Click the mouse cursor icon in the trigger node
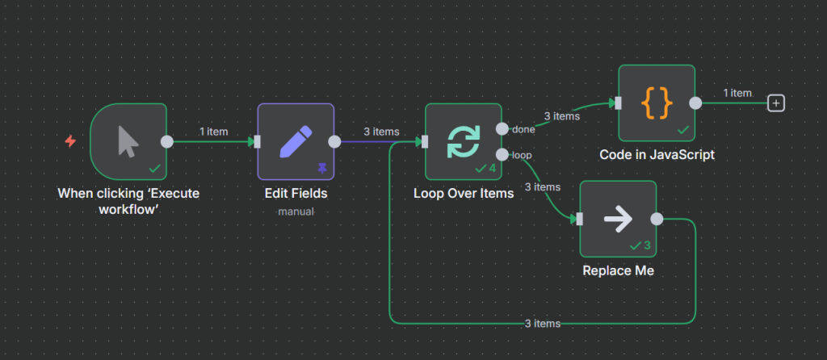pyautogui.click(x=128, y=141)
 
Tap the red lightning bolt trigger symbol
pyautogui.click(x=70, y=141)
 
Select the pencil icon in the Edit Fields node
pyautogui.click(x=295, y=141)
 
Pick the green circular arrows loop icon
pyautogui.click(x=464, y=141)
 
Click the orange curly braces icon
pyautogui.click(x=657, y=103)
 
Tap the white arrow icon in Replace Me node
pyautogui.click(x=618, y=218)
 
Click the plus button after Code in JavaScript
pyautogui.click(x=776, y=103)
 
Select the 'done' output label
pyautogui.click(x=523, y=129)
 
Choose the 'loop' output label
pyautogui.click(x=521, y=154)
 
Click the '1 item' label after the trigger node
pyautogui.click(x=214, y=132)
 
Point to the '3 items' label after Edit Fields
pyautogui.click(x=381, y=132)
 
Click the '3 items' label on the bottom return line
pyautogui.click(x=542, y=324)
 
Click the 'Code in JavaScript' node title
pyautogui.click(x=657, y=154)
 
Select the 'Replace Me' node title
pyautogui.click(x=618, y=270)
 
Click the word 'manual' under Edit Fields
pyautogui.click(x=295, y=211)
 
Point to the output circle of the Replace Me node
pyautogui.click(x=657, y=219)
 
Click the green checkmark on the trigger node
pyautogui.click(x=155, y=168)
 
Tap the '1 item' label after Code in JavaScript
pyautogui.click(x=737, y=93)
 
